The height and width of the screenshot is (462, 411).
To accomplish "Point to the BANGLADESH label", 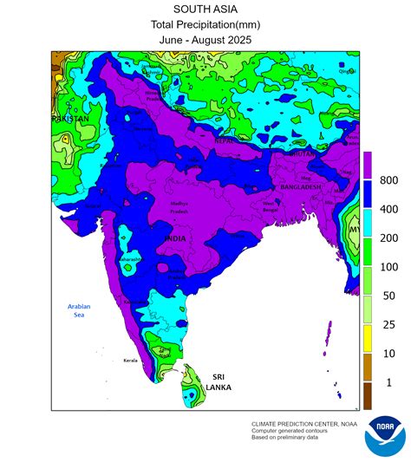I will click(x=302, y=188).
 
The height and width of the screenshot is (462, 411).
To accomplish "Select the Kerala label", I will click(x=131, y=359).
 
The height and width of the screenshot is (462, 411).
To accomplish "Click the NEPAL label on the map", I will click(x=225, y=140).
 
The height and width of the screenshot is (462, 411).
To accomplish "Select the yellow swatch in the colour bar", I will click(x=368, y=339).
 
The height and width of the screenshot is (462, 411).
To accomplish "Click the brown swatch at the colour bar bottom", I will click(x=368, y=396).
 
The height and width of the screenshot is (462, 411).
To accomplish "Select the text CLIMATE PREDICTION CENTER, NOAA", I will click(x=304, y=424).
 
